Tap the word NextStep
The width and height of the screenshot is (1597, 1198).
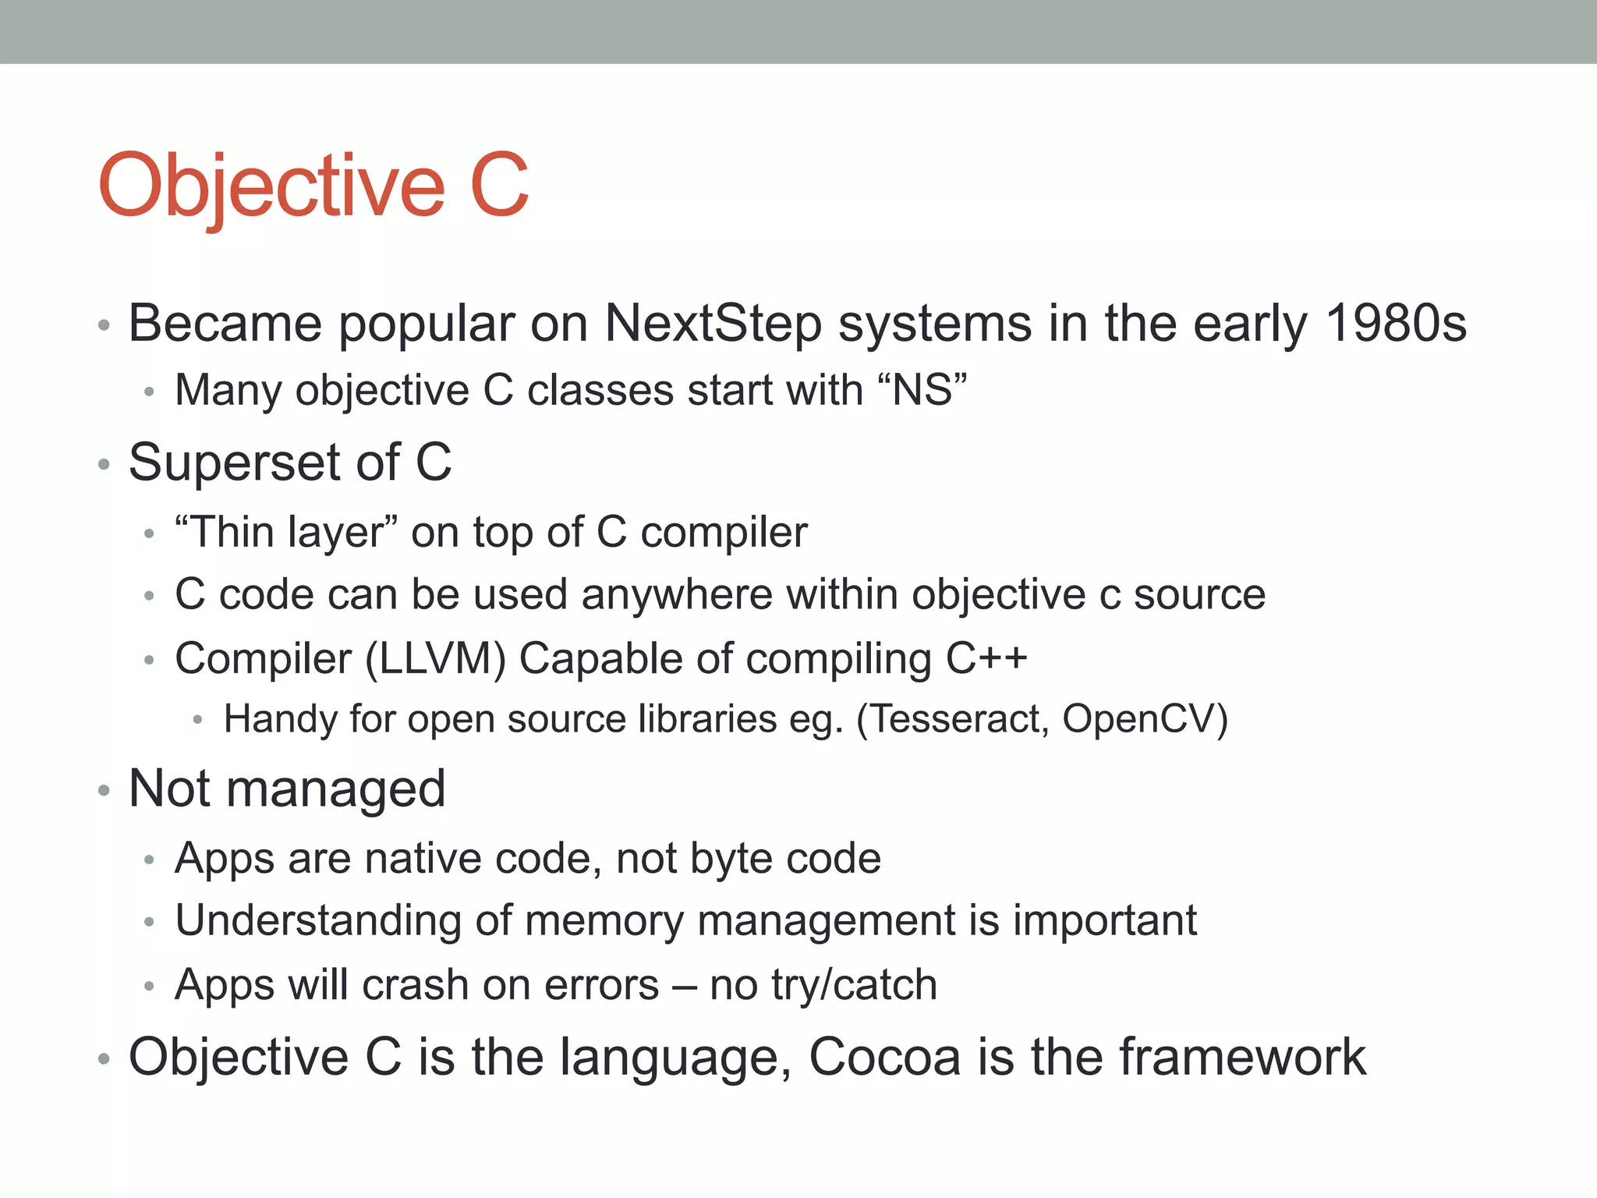coord(713,323)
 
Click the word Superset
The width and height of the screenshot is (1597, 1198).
coord(234,462)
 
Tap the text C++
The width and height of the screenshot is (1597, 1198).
coord(986,658)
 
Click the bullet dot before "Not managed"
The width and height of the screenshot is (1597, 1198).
coord(104,792)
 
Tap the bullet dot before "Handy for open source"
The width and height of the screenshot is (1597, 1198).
coord(198,721)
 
